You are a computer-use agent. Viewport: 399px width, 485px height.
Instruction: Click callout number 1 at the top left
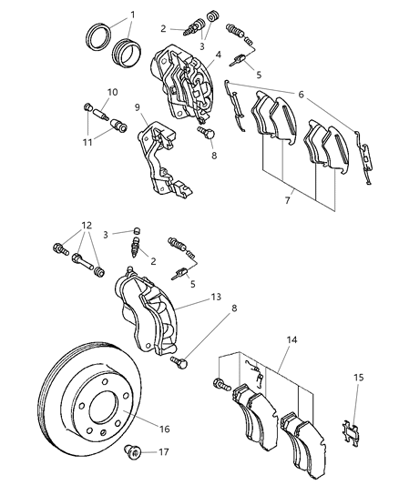(x=131, y=15)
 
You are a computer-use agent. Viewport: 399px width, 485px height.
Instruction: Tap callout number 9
(x=137, y=107)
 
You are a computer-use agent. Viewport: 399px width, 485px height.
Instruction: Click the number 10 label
(x=112, y=92)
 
